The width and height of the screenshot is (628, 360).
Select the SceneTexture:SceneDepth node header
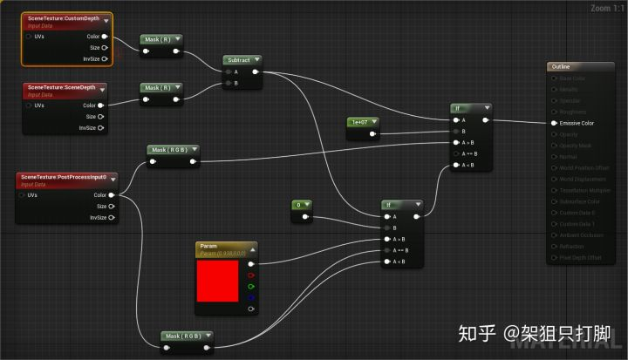(x=61, y=87)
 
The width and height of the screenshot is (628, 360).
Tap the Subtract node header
(x=238, y=60)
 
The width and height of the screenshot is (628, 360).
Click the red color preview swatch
(x=218, y=280)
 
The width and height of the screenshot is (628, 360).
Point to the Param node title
(x=208, y=247)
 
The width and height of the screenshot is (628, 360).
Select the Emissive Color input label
(x=577, y=123)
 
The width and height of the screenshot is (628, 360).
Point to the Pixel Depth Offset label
(x=579, y=258)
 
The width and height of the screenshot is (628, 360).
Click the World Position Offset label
(x=584, y=179)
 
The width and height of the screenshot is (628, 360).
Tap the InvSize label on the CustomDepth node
(x=92, y=58)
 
